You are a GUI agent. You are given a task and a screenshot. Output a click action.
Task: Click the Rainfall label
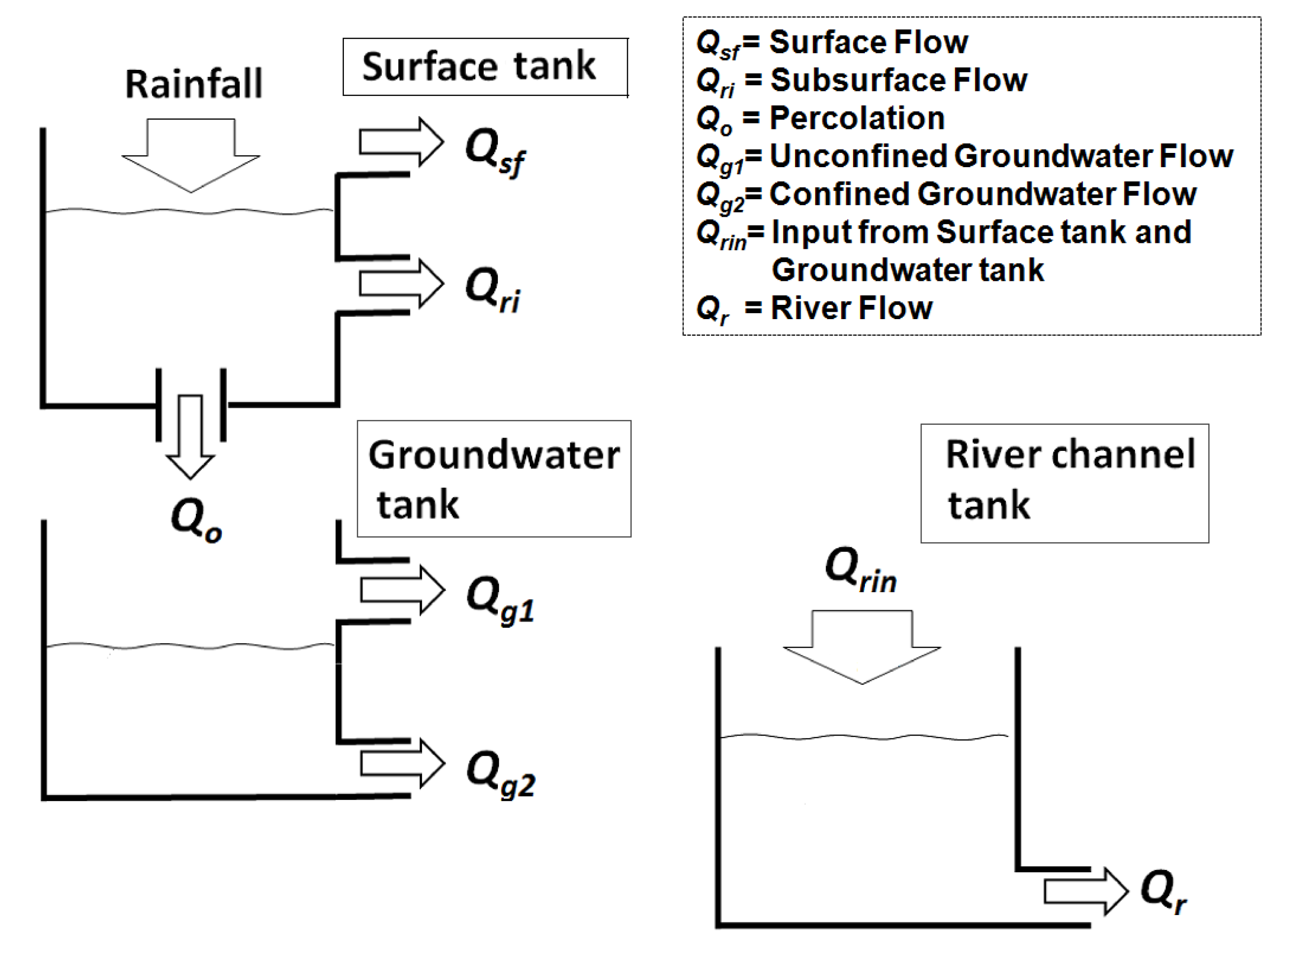[x=193, y=84]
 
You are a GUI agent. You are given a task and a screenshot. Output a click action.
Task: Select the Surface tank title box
[x=485, y=66]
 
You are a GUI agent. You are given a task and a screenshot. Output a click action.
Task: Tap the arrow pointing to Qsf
[x=401, y=142]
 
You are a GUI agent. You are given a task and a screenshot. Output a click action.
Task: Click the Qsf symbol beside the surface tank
[x=494, y=151]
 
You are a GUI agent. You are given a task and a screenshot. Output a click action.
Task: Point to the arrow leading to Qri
[x=401, y=284]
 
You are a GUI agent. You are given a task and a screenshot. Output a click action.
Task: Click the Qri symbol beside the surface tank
[x=492, y=290]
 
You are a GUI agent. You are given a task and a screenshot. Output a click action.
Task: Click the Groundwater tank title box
[x=493, y=478]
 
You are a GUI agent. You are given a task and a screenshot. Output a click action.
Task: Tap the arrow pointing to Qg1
[x=402, y=590]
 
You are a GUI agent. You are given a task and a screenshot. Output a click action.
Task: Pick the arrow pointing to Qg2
[x=402, y=763]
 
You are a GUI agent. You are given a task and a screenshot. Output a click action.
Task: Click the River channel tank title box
[x=1064, y=483]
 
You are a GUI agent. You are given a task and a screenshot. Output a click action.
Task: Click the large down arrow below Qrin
[x=861, y=644]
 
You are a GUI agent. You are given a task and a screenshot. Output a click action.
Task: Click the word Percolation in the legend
[x=857, y=118]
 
